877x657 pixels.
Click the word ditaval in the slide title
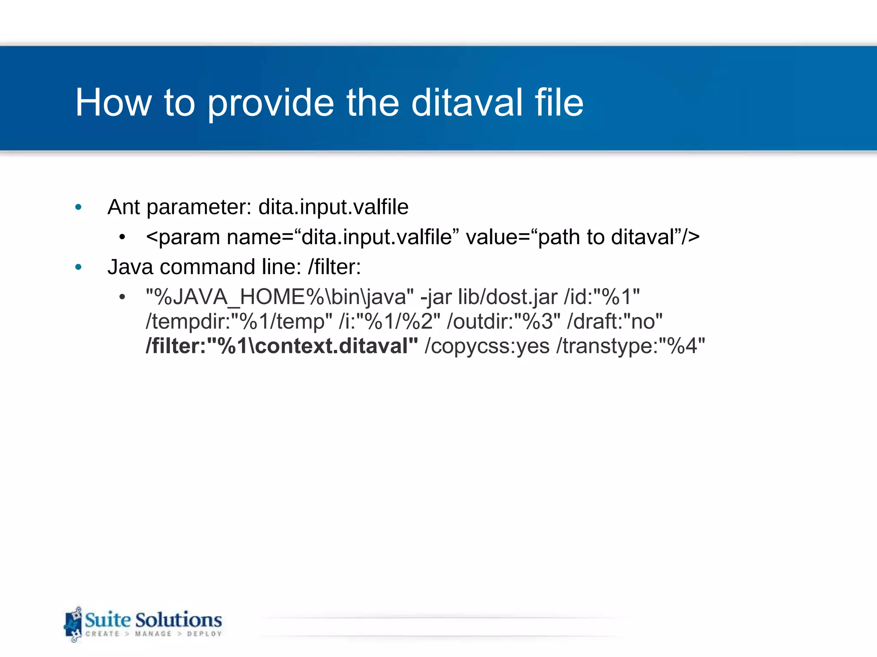tap(467, 103)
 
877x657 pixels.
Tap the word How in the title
tap(113, 103)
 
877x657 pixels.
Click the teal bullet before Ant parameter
tap(78, 207)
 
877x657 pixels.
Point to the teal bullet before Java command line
tap(78, 267)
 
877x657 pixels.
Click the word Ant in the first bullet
tap(124, 207)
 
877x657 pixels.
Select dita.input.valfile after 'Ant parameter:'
tap(333, 207)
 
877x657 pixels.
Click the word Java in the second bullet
tap(130, 267)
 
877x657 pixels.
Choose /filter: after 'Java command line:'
tap(334, 267)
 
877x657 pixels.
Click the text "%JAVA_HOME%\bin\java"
tap(280, 297)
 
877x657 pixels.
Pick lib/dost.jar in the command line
tap(508, 297)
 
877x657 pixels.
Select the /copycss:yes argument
tap(487, 346)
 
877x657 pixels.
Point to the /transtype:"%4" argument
tap(630, 346)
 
